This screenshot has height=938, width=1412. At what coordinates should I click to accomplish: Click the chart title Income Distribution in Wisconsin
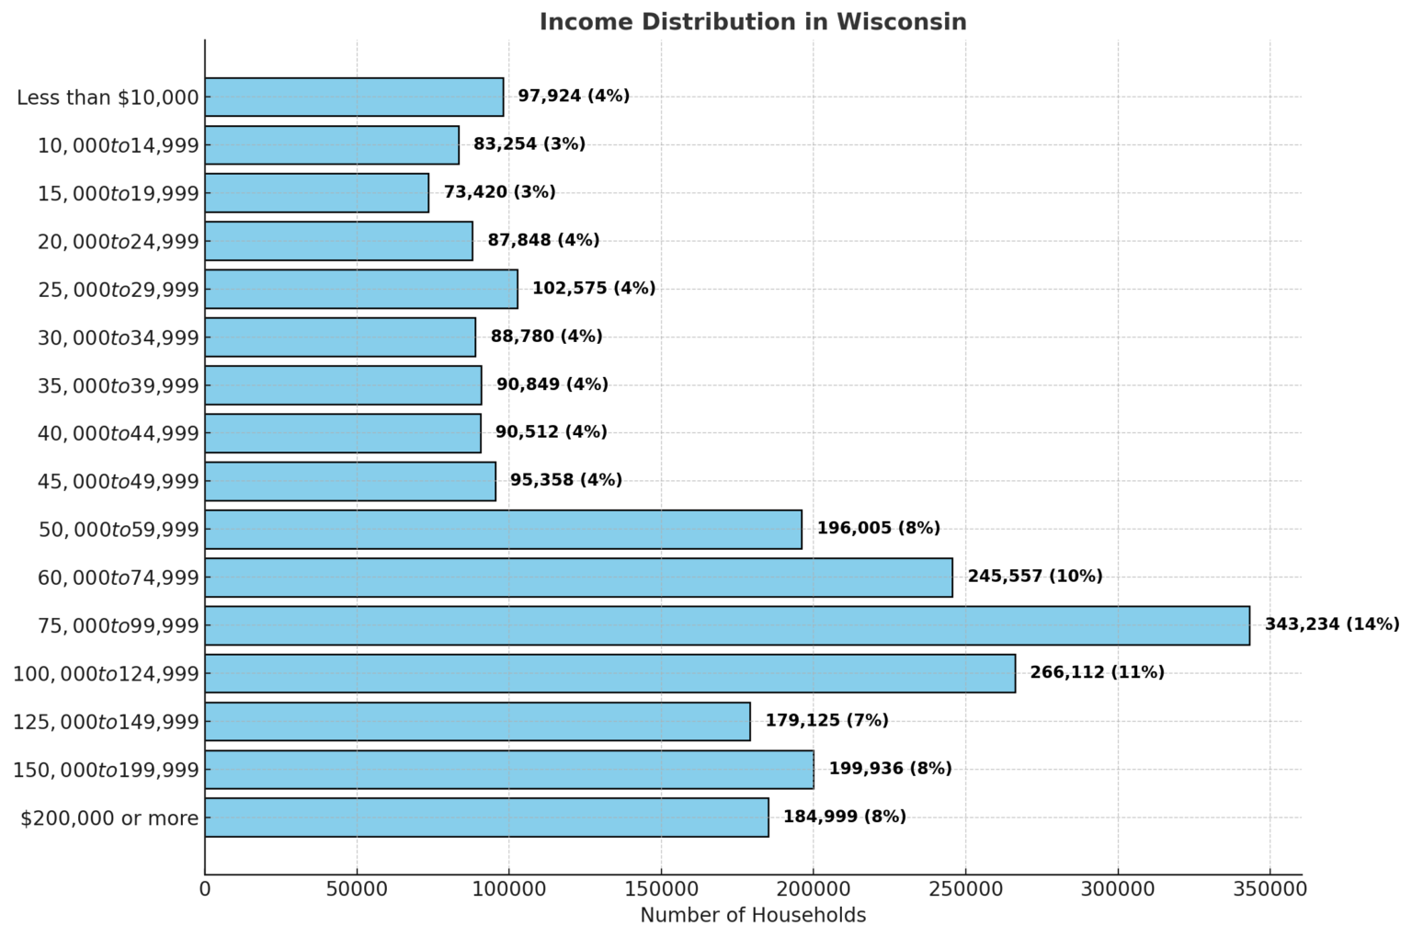tap(752, 21)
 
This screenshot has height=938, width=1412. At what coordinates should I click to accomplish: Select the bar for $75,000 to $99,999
tap(726, 625)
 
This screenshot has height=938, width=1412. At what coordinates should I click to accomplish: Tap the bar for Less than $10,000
tap(354, 97)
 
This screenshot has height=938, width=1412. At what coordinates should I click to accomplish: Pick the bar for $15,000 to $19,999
tap(316, 192)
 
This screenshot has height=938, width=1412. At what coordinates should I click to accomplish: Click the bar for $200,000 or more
tap(486, 818)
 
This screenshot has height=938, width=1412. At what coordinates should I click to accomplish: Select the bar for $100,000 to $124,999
tap(609, 673)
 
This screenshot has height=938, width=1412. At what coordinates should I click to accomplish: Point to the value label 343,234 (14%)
tap(1332, 624)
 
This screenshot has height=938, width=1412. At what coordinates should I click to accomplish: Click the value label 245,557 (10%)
tap(1034, 577)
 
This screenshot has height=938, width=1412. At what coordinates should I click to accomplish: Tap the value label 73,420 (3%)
tap(499, 192)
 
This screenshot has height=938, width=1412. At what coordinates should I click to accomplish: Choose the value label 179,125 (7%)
tap(826, 721)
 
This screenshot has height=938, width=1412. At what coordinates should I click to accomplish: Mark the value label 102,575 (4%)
tap(594, 289)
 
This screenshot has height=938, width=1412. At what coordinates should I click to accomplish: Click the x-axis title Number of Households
tap(753, 916)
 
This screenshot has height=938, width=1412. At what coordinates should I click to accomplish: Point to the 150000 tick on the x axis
tap(661, 889)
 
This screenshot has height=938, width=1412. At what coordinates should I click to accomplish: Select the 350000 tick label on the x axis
tap(1270, 889)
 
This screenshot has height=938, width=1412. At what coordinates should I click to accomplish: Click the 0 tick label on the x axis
tap(205, 889)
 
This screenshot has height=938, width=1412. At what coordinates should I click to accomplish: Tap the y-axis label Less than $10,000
tap(108, 97)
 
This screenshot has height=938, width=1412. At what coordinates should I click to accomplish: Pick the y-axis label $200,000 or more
tap(109, 818)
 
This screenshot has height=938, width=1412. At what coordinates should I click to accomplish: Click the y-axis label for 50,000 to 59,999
tap(119, 530)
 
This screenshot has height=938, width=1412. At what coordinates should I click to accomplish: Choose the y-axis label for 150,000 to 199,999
tap(106, 770)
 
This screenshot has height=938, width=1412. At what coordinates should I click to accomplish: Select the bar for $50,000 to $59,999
tap(503, 530)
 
